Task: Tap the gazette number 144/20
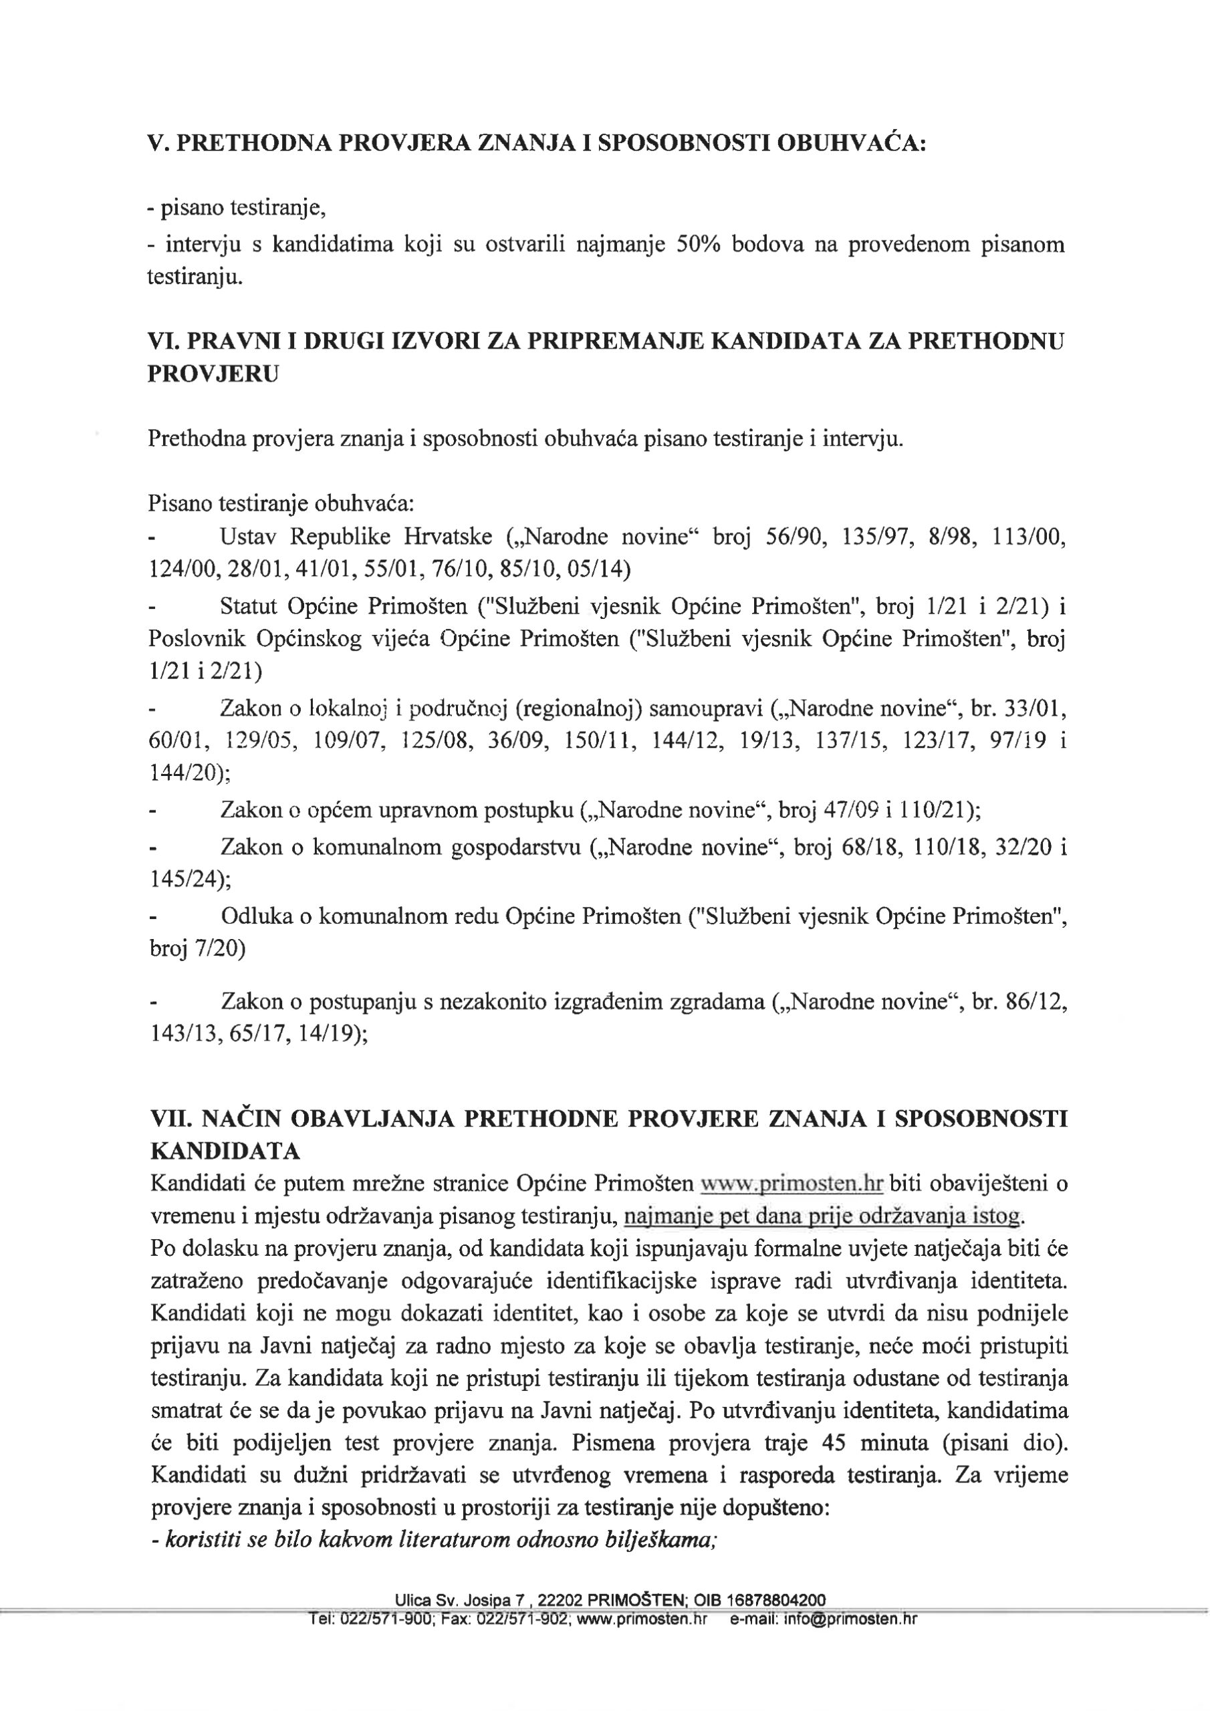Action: pyautogui.click(x=187, y=773)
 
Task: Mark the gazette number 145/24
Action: pyautogui.click(x=187, y=880)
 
